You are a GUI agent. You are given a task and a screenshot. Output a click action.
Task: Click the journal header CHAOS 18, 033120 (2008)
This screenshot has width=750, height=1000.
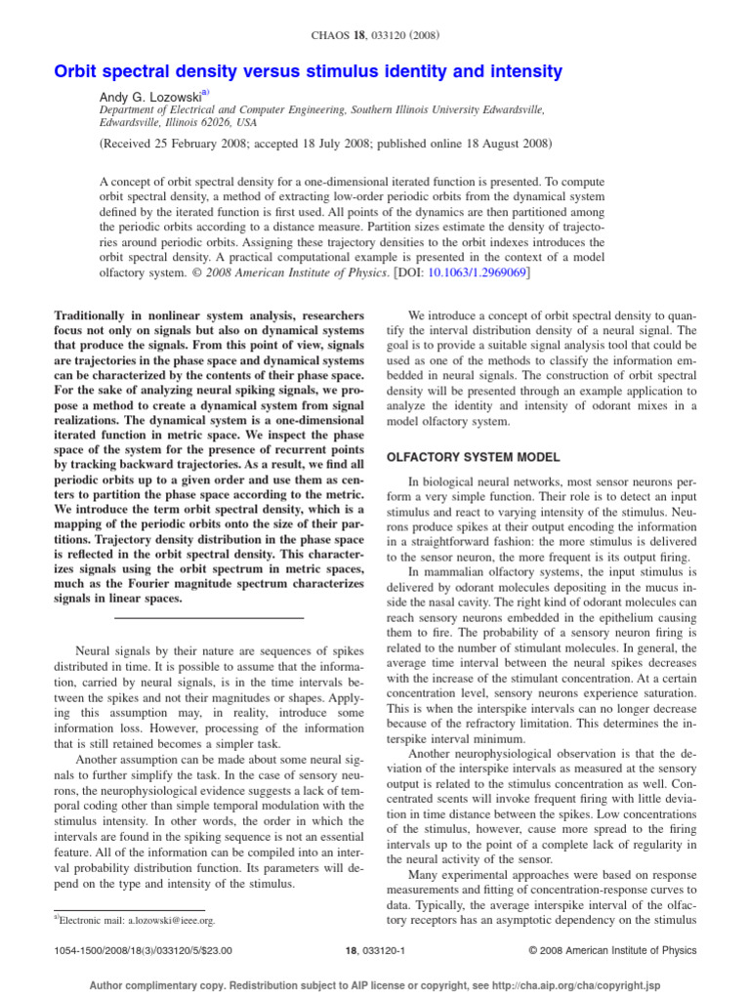pos(375,36)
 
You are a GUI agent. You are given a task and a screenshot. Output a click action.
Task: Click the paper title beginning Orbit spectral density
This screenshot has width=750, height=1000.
pos(308,71)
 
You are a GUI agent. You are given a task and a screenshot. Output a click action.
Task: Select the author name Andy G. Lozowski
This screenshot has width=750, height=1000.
pos(151,97)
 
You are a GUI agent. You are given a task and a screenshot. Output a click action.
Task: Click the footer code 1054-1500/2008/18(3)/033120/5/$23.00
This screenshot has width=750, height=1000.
pos(142,949)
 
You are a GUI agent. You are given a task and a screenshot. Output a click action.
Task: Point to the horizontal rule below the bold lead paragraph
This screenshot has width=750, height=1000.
pos(209,618)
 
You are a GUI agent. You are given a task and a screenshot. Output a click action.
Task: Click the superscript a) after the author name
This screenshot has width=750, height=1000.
pos(205,94)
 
